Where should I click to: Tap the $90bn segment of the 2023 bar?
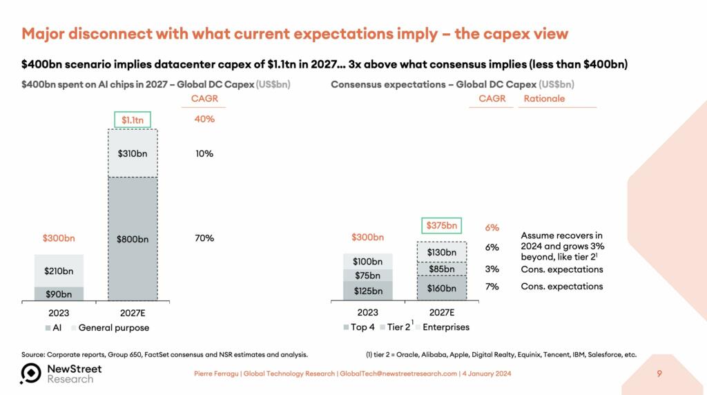click(x=59, y=293)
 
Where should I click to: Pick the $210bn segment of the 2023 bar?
click(x=59, y=271)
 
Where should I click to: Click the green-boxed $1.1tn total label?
click(x=131, y=120)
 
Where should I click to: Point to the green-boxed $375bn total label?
click(x=441, y=225)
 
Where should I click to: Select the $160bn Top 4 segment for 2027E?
click(x=441, y=288)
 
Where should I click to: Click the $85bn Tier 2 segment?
click(x=441, y=269)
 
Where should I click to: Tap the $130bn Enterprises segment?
click(x=441, y=252)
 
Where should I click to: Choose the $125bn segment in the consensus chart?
click(x=367, y=291)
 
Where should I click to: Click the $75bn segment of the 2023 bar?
click(x=367, y=275)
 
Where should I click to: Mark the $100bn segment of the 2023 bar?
click(x=367, y=261)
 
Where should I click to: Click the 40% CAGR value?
click(x=204, y=119)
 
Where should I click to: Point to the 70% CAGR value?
click(x=204, y=238)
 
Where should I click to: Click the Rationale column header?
click(x=544, y=99)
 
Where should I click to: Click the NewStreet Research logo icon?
click(x=31, y=373)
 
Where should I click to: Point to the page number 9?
click(x=659, y=374)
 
